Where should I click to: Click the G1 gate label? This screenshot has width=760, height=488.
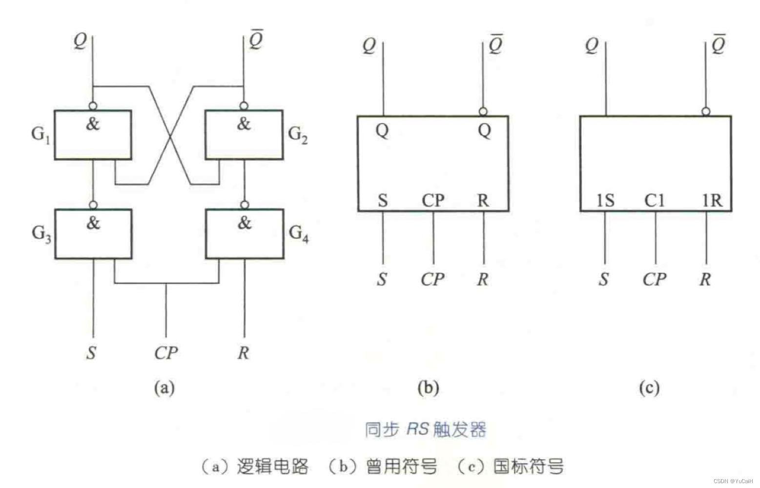pyautogui.click(x=41, y=134)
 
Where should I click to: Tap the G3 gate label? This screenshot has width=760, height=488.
pyautogui.click(x=41, y=233)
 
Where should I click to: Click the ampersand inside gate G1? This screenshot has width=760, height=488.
pyautogui.click(x=93, y=124)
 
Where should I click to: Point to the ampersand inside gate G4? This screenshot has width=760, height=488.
pyautogui.click(x=244, y=223)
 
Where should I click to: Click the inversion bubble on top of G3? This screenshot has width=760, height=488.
pyautogui.click(x=93, y=205)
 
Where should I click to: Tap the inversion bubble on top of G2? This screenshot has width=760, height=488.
pyautogui.click(x=244, y=106)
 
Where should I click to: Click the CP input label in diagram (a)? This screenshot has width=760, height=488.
pyautogui.click(x=166, y=352)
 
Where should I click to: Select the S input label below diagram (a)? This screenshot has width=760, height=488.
pyautogui.click(x=91, y=352)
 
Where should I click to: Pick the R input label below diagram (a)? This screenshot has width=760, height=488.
pyautogui.click(x=243, y=352)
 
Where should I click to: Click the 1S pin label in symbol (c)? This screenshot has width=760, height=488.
pyautogui.click(x=605, y=200)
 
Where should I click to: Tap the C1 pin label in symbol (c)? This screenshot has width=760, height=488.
pyautogui.click(x=655, y=200)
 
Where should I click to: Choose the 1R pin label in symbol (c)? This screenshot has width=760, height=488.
pyautogui.click(x=712, y=200)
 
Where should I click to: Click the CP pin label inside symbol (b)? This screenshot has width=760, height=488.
pyautogui.click(x=433, y=200)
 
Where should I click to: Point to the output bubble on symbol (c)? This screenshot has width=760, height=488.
pyautogui.click(x=706, y=112)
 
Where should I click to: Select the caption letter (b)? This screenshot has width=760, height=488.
pyautogui.click(x=428, y=387)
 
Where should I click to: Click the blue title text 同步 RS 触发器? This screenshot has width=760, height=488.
pyautogui.click(x=426, y=429)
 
